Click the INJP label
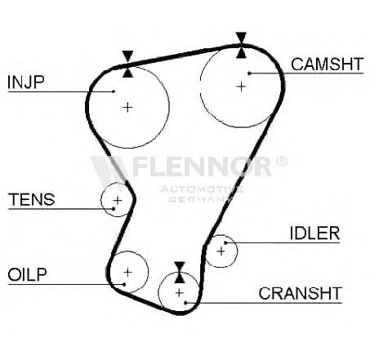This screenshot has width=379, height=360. (26, 82)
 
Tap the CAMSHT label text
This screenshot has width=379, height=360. (328, 64)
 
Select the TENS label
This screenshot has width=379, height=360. (32, 199)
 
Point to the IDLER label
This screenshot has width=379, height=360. (314, 233)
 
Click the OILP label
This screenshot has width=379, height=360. (27, 274)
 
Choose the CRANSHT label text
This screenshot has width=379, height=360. (300, 293)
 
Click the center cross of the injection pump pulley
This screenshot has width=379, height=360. (127, 107)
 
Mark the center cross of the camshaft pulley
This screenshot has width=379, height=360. (241, 87)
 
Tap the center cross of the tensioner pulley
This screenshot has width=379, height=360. (118, 201)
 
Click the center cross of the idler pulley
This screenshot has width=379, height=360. (221, 251)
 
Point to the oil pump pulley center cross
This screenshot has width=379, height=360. (127, 272)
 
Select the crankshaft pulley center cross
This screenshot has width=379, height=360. (179, 293)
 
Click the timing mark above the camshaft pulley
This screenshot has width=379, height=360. (241, 45)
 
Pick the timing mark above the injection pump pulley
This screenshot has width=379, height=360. (127, 64)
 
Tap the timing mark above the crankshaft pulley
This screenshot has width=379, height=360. (180, 273)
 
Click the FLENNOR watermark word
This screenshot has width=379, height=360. (202, 166)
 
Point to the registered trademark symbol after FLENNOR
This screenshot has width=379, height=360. (282, 161)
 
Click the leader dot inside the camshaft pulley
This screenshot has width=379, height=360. (249, 73)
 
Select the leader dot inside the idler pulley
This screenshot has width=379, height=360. (225, 242)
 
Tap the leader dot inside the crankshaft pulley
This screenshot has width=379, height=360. (185, 302)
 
